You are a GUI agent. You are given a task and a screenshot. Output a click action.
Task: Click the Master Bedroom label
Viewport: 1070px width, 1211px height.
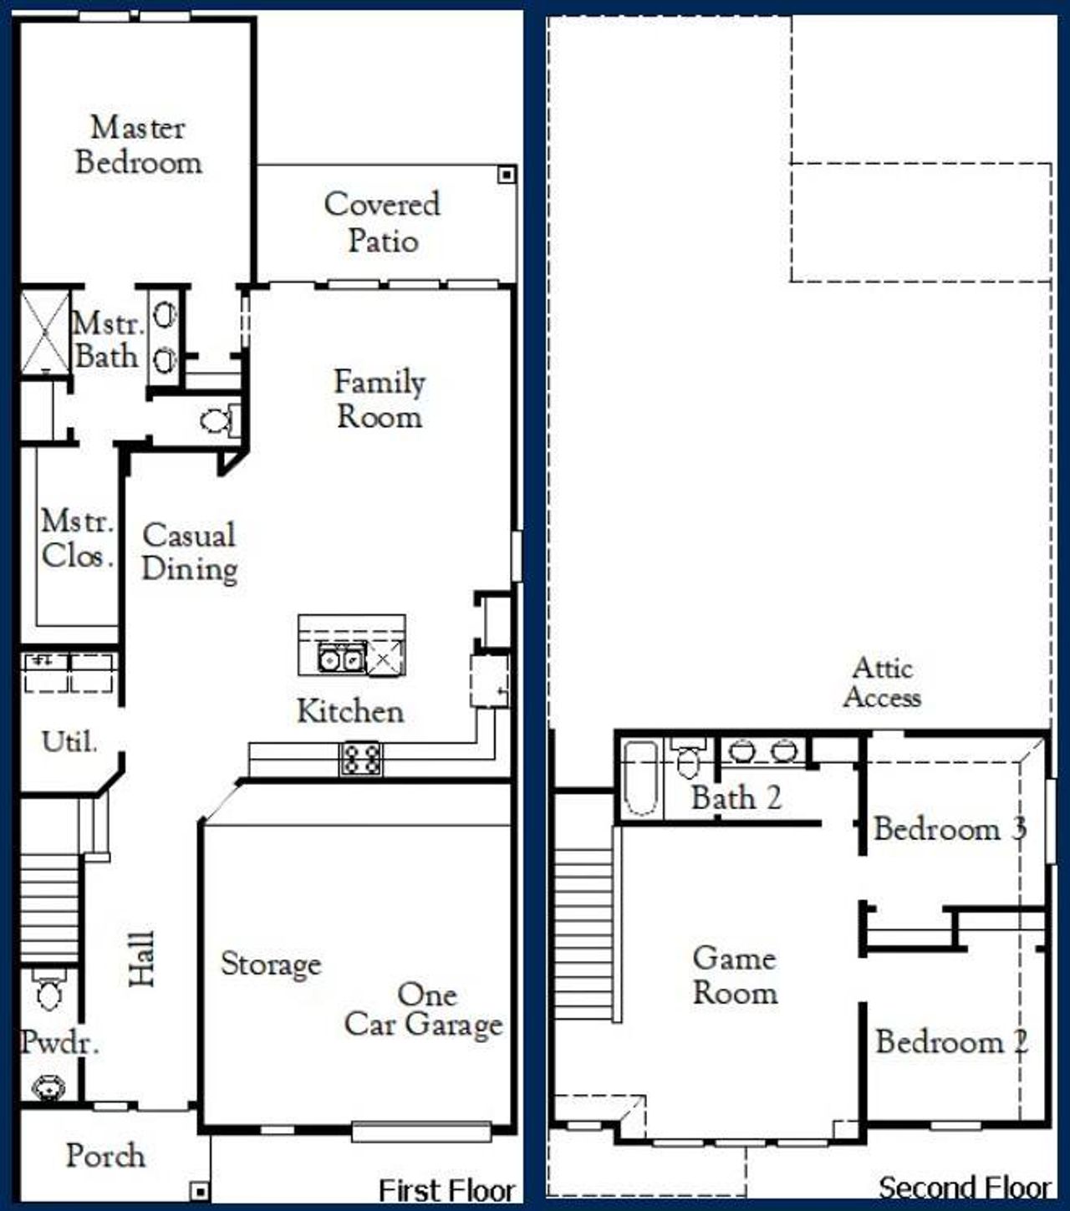(138, 145)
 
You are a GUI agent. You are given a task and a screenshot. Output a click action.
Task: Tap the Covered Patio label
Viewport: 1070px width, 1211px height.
(382, 222)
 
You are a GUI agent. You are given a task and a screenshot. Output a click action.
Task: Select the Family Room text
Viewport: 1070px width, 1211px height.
(380, 399)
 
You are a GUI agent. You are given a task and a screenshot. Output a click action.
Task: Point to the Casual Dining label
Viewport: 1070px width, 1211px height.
(190, 552)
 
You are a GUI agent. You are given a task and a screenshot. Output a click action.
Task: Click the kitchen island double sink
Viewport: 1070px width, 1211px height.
(341, 659)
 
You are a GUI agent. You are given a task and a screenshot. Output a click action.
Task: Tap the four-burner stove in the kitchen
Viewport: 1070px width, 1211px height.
(361, 759)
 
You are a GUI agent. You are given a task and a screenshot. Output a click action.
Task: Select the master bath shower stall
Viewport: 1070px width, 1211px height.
(44, 332)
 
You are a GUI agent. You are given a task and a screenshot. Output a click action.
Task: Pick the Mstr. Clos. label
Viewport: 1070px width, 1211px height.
(77, 538)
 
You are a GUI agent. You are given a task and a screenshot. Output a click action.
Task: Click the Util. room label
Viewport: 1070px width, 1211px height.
(69, 741)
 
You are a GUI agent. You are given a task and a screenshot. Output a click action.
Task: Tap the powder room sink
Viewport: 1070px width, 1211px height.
(48, 1087)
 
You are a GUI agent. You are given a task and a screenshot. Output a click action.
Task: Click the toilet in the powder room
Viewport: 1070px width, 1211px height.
(48, 992)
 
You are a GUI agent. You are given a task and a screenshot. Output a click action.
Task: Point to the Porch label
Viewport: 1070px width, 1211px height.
(105, 1156)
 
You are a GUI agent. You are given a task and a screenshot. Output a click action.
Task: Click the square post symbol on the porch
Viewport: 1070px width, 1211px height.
(199, 1190)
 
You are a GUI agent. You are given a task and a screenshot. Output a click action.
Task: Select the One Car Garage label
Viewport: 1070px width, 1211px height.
(424, 1010)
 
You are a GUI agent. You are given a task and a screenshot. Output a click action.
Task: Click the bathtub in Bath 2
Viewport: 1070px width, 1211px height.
(640, 777)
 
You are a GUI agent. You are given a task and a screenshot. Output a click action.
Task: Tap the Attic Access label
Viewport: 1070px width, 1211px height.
(882, 682)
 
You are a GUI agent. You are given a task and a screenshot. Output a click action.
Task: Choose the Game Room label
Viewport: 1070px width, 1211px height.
(735, 975)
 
